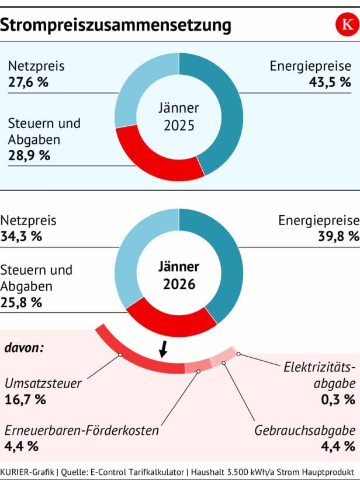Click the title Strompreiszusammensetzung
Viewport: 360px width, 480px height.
point(116,25)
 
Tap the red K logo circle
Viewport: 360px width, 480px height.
point(345,25)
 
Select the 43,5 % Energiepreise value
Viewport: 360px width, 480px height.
point(330,82)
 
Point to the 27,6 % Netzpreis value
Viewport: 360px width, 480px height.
point(28,82)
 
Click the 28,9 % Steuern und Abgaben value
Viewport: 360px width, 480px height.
point(29,156)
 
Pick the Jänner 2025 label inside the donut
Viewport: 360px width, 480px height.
point(179,117)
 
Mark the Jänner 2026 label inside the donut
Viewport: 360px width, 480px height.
point(179,275)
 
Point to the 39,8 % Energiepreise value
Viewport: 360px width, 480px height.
point(338,237)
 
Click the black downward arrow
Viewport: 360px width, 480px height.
point(164,349)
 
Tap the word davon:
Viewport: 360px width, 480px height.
point(25,348)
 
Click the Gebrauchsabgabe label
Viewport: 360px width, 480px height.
point(304,431)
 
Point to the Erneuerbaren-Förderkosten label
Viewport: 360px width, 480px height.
point(81,431)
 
